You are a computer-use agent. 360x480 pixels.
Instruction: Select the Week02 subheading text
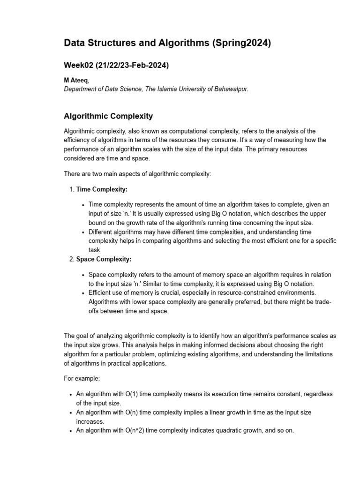pos(116,66)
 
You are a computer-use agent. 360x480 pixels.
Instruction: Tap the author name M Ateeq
pos(75,81)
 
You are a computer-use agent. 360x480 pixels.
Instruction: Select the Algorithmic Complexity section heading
pos(108,116)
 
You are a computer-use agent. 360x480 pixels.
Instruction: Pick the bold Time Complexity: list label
pos(102,189)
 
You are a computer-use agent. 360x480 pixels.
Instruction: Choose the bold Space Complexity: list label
pos(104,259)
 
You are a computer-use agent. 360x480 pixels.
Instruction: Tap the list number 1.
pos(71,189)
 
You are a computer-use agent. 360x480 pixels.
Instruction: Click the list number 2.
pos(71,259)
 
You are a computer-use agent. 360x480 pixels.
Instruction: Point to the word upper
pos(318,213)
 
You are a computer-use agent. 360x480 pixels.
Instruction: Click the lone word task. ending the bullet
pos(95,250)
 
